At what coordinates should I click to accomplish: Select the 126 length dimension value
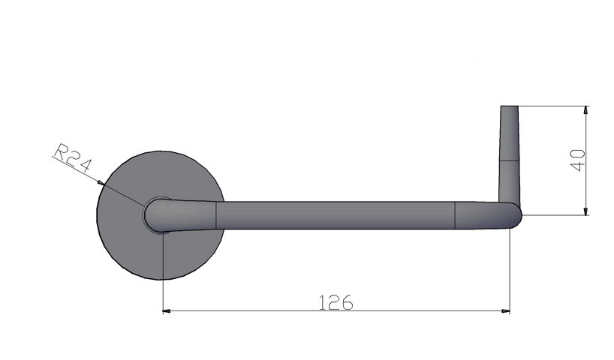click(x=336, y=302)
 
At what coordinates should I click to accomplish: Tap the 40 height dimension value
click(x=577, y=160)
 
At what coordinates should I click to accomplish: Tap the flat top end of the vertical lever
click(x=509, y=107)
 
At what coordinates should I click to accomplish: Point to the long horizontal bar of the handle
click(x=338, y=214)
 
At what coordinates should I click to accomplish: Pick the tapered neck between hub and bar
click(x=191, y=214)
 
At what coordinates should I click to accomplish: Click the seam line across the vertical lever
click(x=509, y=160)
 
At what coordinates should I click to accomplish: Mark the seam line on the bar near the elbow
click(x=456, y=214)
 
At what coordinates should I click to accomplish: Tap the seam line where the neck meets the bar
click(x=216, y=214)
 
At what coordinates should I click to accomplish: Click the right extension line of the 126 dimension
click(x=510, y=270)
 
